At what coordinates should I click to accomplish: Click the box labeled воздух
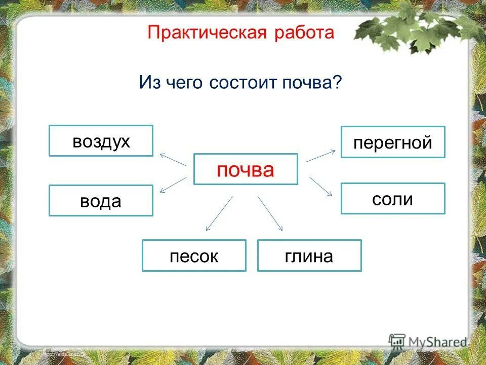[x=101, y=141]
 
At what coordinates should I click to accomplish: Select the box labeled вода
[x=101, y=201]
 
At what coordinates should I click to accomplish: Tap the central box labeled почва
[x=246, y=169]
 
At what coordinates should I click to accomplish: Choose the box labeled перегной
[x=393, y=142]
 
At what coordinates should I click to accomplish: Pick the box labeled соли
[x=393, y=199]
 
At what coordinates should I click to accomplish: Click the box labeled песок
[x=194, y=255]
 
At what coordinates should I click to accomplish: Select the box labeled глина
[x=309, y=255]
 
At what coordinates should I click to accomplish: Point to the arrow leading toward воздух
[x=173, y=160]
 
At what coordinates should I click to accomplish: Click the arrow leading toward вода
[x=173, y=185]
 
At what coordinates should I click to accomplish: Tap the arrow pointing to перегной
[x=320, y=156]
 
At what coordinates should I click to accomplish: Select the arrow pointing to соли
[x=320, y=186]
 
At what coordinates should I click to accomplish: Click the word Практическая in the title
[x=205, y=33]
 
